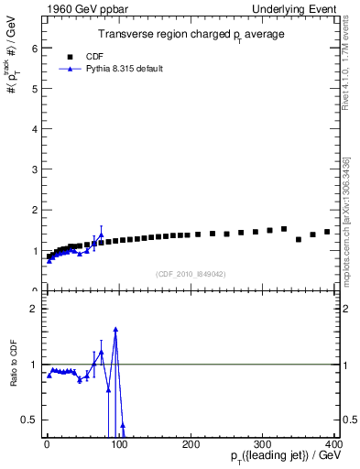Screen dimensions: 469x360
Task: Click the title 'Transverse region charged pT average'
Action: pyautogui.click(x=191, y=35)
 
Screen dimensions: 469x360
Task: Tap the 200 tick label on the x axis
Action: pyautogui.click(x=191, y=444)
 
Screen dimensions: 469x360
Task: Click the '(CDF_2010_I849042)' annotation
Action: pyautogui.click(x=191, y=273)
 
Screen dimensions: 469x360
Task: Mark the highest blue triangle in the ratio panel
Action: pyautogui.click(x=115, y=329)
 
